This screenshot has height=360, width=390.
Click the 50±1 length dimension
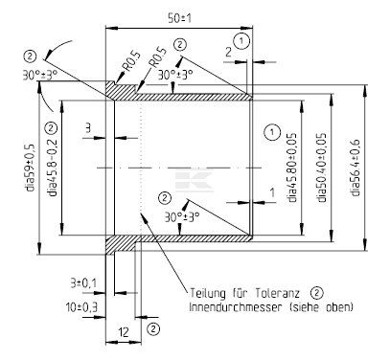pos(179,18)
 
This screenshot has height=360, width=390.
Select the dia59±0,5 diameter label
pos(30,168)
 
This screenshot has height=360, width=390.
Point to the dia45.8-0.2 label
pos(53,168)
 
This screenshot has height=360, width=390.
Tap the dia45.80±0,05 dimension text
pos(292,168)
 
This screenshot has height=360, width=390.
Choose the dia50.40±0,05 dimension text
pos(322,168)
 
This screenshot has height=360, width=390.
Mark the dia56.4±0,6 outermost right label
pos(355,168)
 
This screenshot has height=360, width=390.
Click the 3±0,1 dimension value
pos(83,283)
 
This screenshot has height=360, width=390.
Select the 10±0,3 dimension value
pos(81,307)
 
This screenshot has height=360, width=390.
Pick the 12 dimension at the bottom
pos(124,332)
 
